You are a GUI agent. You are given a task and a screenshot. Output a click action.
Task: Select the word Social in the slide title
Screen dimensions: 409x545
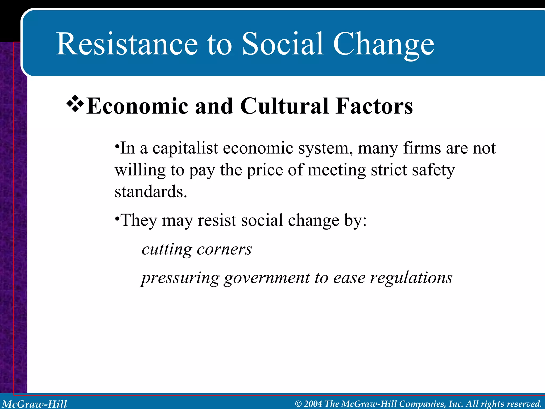tap(283, 44)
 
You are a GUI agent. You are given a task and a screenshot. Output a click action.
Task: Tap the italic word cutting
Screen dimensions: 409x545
tap(167, 250)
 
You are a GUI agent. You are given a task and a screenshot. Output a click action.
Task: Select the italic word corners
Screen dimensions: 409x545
tap(224, 250)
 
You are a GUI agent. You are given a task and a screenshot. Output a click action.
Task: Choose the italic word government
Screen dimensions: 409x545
tap(267, 279)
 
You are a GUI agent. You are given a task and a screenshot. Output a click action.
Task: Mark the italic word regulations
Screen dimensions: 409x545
tap(411, 279)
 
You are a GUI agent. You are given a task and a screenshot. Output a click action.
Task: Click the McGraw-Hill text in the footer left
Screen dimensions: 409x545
tap(35, 404)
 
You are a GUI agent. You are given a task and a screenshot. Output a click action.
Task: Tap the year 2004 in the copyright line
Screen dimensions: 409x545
tap(313, 404)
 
